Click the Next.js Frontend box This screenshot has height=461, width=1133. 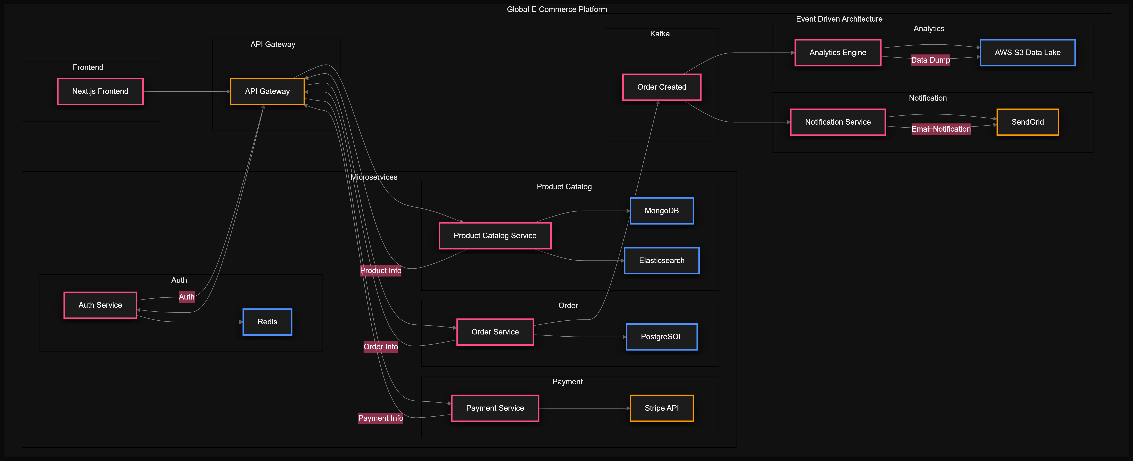point(100,91)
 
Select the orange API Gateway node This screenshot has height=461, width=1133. point(267,91)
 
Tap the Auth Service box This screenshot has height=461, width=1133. point(100,305)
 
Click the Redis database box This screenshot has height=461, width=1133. point(267,322)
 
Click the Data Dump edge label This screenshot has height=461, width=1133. point(930,60)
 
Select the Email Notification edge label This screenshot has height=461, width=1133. point(941,129)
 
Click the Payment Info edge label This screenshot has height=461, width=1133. point(380,418)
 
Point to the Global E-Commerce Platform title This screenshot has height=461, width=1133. point(557,9)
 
